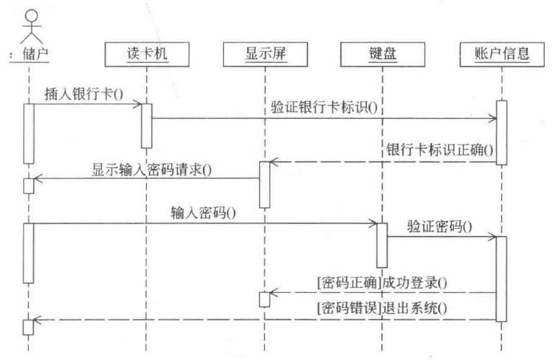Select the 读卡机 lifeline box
point(146,53)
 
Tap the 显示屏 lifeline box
point(264,53)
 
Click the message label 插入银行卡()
point(74,94)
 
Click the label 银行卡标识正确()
point(435,151)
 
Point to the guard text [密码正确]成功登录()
point(379,282)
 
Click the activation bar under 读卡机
point(146,125)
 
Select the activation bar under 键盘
point(381,245)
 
